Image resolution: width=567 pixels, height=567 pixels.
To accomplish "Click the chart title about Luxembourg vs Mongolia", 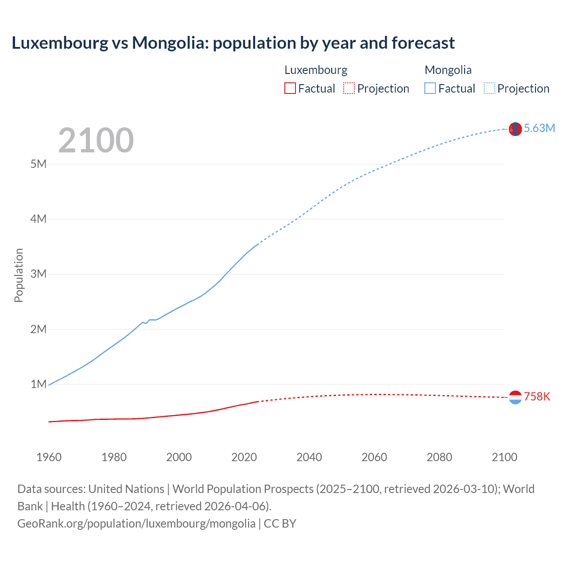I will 233,43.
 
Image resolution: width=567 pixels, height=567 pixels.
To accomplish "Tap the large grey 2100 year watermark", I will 96,140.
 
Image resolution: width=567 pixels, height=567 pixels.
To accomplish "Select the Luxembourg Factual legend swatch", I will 290,89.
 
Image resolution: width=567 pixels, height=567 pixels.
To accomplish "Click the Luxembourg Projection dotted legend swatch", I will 349,89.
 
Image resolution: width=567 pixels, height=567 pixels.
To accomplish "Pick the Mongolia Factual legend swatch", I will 430,89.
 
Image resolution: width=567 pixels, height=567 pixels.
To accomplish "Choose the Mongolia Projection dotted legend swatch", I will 489,89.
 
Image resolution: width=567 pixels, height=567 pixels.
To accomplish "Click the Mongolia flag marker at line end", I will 515,129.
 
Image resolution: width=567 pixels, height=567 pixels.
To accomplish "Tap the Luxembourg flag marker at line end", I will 515,397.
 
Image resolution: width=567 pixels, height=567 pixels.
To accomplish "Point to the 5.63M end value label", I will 539,128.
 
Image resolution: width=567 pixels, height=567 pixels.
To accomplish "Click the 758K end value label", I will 537,396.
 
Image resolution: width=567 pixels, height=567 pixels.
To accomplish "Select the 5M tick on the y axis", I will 39,164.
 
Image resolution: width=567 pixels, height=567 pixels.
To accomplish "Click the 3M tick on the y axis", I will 39,274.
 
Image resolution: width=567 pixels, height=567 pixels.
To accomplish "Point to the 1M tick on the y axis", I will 39,384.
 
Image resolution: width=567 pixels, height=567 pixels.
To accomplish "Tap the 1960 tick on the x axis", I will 49,457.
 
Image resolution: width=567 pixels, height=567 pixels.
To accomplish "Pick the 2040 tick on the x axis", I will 309,457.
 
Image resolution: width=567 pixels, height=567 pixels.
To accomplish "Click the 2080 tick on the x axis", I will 439,457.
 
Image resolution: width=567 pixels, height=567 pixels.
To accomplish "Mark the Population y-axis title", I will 19,275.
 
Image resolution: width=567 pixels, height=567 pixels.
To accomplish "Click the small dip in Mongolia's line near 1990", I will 146,323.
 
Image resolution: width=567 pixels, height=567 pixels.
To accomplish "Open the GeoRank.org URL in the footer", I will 136,524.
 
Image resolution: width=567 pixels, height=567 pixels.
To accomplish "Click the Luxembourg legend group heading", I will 316,70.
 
